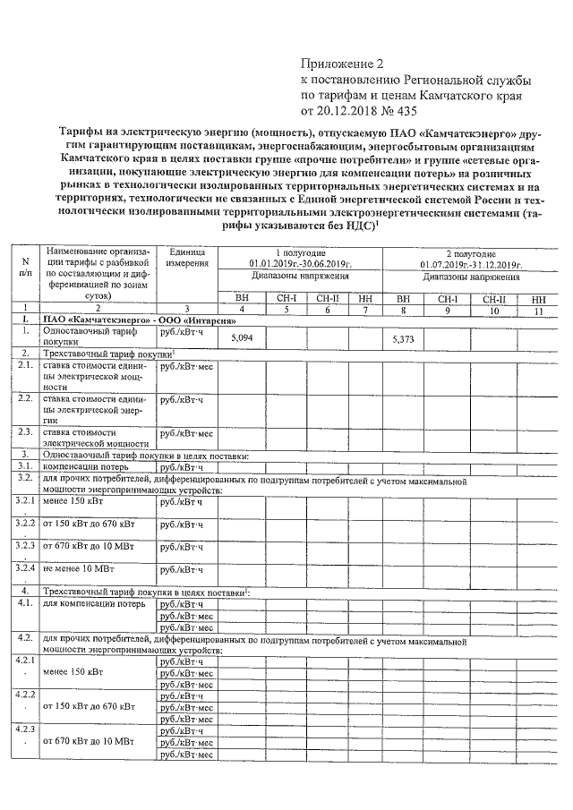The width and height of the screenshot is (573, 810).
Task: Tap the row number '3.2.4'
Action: [25, 567]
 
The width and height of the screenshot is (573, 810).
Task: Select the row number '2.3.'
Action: [25, 433]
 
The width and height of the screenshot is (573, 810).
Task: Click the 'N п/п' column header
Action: [25, 266]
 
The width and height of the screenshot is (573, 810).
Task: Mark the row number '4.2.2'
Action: [25, 695]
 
